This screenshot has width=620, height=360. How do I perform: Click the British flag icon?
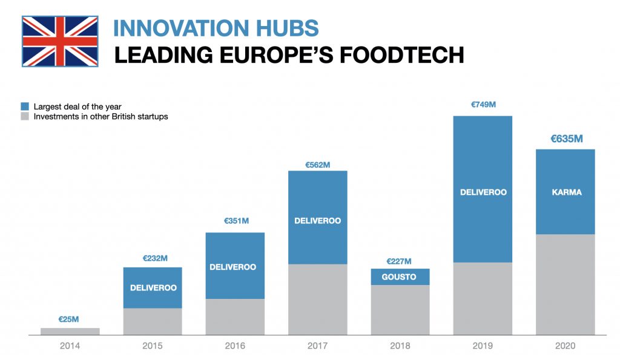[x=60, y=41]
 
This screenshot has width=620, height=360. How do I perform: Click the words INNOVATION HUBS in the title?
[x=216, y=28]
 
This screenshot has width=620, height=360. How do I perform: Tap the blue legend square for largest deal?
[x=25, y=106]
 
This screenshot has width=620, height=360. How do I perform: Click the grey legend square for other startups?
[x=25, y=116]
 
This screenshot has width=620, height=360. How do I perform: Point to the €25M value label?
[x=69, y=318]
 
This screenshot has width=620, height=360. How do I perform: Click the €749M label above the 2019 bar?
[x=483, y=105]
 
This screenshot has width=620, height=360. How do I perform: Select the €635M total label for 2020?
[x=566, y=139]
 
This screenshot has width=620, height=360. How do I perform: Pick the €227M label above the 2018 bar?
[x=400, y=261]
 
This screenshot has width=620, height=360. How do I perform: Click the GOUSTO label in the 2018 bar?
[x=400, y=277]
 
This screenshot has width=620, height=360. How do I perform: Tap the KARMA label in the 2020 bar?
[x=566, y=192]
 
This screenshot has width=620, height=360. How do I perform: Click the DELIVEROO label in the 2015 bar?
[x=153, y=287]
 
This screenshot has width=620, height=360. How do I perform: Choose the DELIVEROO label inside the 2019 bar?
[x=483, y=192]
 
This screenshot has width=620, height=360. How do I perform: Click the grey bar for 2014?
[x=70, y=331]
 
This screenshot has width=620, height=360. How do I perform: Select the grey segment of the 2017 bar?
[x=318, y=299]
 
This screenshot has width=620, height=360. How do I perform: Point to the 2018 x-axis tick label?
[x=400, y=346]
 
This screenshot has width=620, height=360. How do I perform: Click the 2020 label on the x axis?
[x=565, y=346]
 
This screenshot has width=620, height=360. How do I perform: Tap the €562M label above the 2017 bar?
[x=318, y=164]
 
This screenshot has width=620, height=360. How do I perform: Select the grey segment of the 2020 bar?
[x=566, y=284]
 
